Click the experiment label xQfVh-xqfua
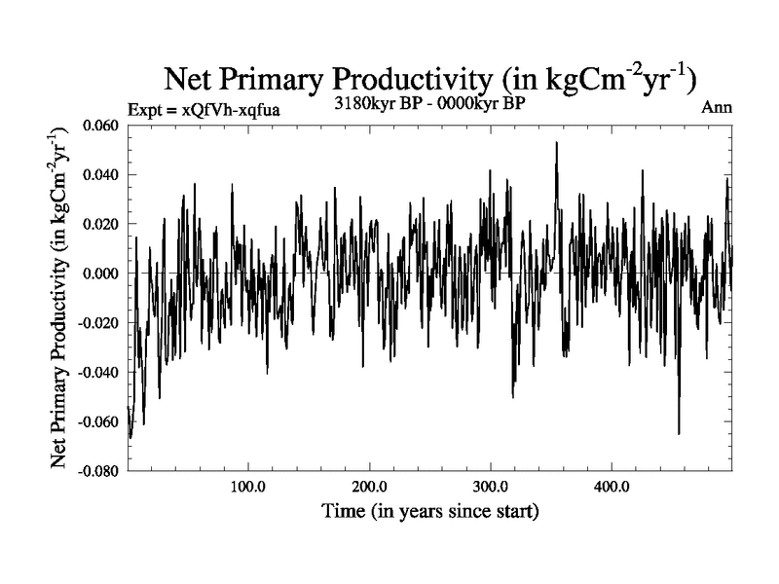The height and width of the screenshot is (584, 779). tap(204, 109)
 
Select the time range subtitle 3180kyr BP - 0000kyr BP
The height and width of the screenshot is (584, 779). tap(429, 104)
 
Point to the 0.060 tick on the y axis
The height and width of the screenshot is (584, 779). tap(101, 126)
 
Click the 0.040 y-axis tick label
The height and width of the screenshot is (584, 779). tap(101, 175)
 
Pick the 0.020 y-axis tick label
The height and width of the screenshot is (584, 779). tap(101, 224)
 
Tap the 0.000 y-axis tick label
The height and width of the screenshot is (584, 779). tap(101, 274)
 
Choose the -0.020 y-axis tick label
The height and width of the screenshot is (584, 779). tap(98, 322)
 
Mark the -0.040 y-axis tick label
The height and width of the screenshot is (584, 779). tap(98, 372)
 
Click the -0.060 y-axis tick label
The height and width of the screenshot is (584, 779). tap(98, 420)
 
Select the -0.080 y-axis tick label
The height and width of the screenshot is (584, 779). tap(98, 470)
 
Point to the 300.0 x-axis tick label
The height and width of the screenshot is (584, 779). tap(490, 487)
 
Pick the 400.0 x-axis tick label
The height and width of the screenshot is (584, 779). tap(611, 487)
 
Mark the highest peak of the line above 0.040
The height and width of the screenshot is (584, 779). tap(556, 142)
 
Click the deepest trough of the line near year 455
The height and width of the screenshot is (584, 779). tap(679, 433)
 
